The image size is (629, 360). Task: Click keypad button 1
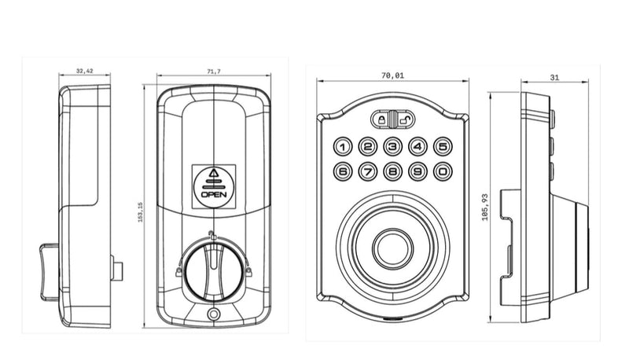344,146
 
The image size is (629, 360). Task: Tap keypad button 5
443,146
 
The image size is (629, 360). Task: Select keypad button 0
443,171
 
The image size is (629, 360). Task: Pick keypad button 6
344,171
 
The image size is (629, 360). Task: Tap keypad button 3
393,146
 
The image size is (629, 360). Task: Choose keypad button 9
418,171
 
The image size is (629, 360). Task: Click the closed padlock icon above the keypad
383,120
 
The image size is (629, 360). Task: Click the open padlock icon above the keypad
404,120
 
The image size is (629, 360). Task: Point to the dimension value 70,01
393,75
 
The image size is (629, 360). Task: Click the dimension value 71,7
214,72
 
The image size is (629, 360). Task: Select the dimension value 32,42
85,72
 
